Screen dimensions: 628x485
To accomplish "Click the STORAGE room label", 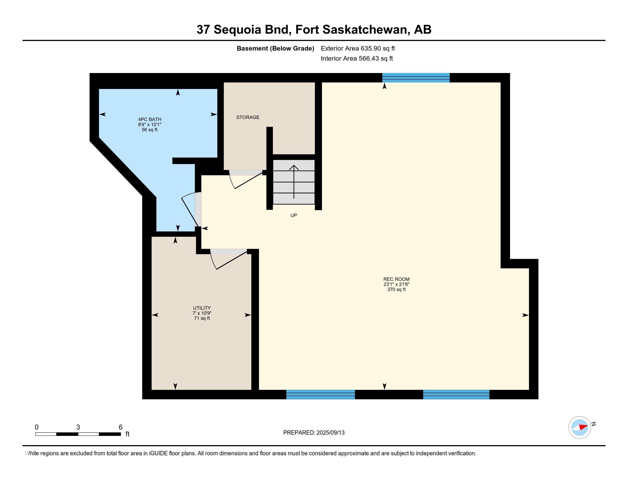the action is click(247, 117).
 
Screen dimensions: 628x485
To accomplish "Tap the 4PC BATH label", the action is click(150, 119).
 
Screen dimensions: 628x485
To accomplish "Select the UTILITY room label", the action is click(202, 308).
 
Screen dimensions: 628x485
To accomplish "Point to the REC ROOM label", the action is click(396, 279).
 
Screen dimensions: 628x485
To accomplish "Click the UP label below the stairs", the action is click(293, 215).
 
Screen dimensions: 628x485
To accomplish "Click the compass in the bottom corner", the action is click(580, 427).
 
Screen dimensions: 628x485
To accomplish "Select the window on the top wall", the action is click(416, 78).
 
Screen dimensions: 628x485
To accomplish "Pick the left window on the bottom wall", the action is click(321, 395).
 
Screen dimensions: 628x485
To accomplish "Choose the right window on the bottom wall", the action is click(456, 395).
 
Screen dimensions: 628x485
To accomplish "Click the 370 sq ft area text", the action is click(396, 290).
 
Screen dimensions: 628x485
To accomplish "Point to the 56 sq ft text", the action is click(150, 130).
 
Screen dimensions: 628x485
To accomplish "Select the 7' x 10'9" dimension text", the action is click(202, 313).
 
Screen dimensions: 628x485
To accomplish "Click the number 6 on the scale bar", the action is click(121, 427).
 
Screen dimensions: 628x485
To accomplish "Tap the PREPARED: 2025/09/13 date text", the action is click(314, 433).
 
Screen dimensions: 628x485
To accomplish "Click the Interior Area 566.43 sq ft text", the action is click(357, 58).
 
